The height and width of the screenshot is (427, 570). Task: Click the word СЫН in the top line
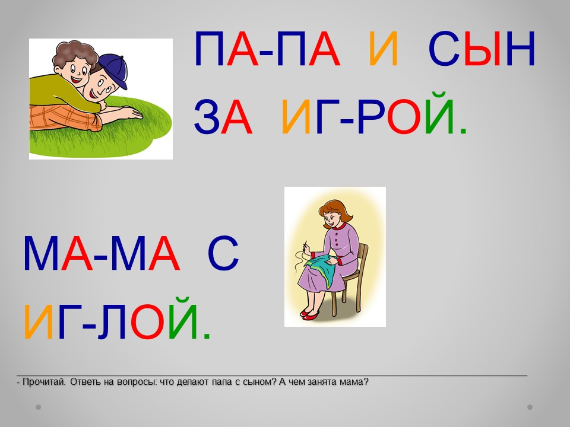[482, 49]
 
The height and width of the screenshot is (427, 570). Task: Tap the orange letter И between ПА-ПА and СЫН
[384, 49]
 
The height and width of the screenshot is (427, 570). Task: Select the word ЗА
[223, 117]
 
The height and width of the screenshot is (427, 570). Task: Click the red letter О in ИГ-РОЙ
[404, 117]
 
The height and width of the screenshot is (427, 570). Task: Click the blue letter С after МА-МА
[223, 253]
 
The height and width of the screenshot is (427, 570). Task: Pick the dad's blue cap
[114, 70]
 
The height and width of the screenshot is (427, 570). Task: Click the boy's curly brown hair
[75, 55]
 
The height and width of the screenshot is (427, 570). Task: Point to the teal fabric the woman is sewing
[323, 269]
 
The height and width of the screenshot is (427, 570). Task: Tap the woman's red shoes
[309, 314]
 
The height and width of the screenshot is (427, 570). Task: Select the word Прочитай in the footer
[43, 382]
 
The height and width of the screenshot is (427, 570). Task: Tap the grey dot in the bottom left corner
[38, 407]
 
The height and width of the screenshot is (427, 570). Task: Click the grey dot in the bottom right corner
[530, 407]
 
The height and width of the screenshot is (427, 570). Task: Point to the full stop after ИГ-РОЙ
[463, 131]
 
